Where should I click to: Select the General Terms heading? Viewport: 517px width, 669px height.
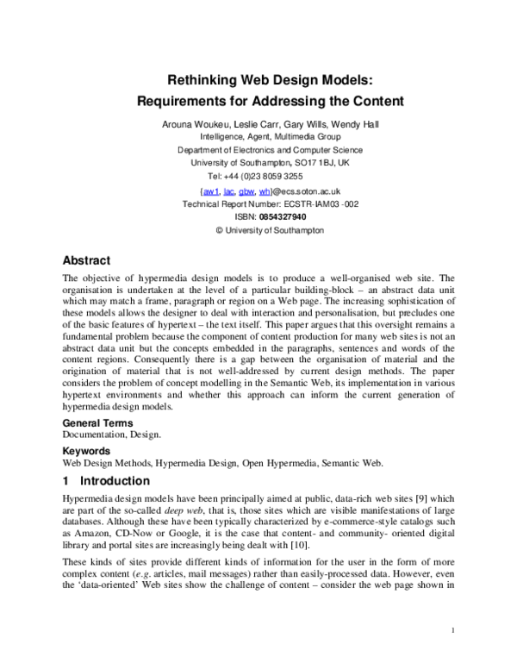98,423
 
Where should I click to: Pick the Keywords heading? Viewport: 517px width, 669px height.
86,450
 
